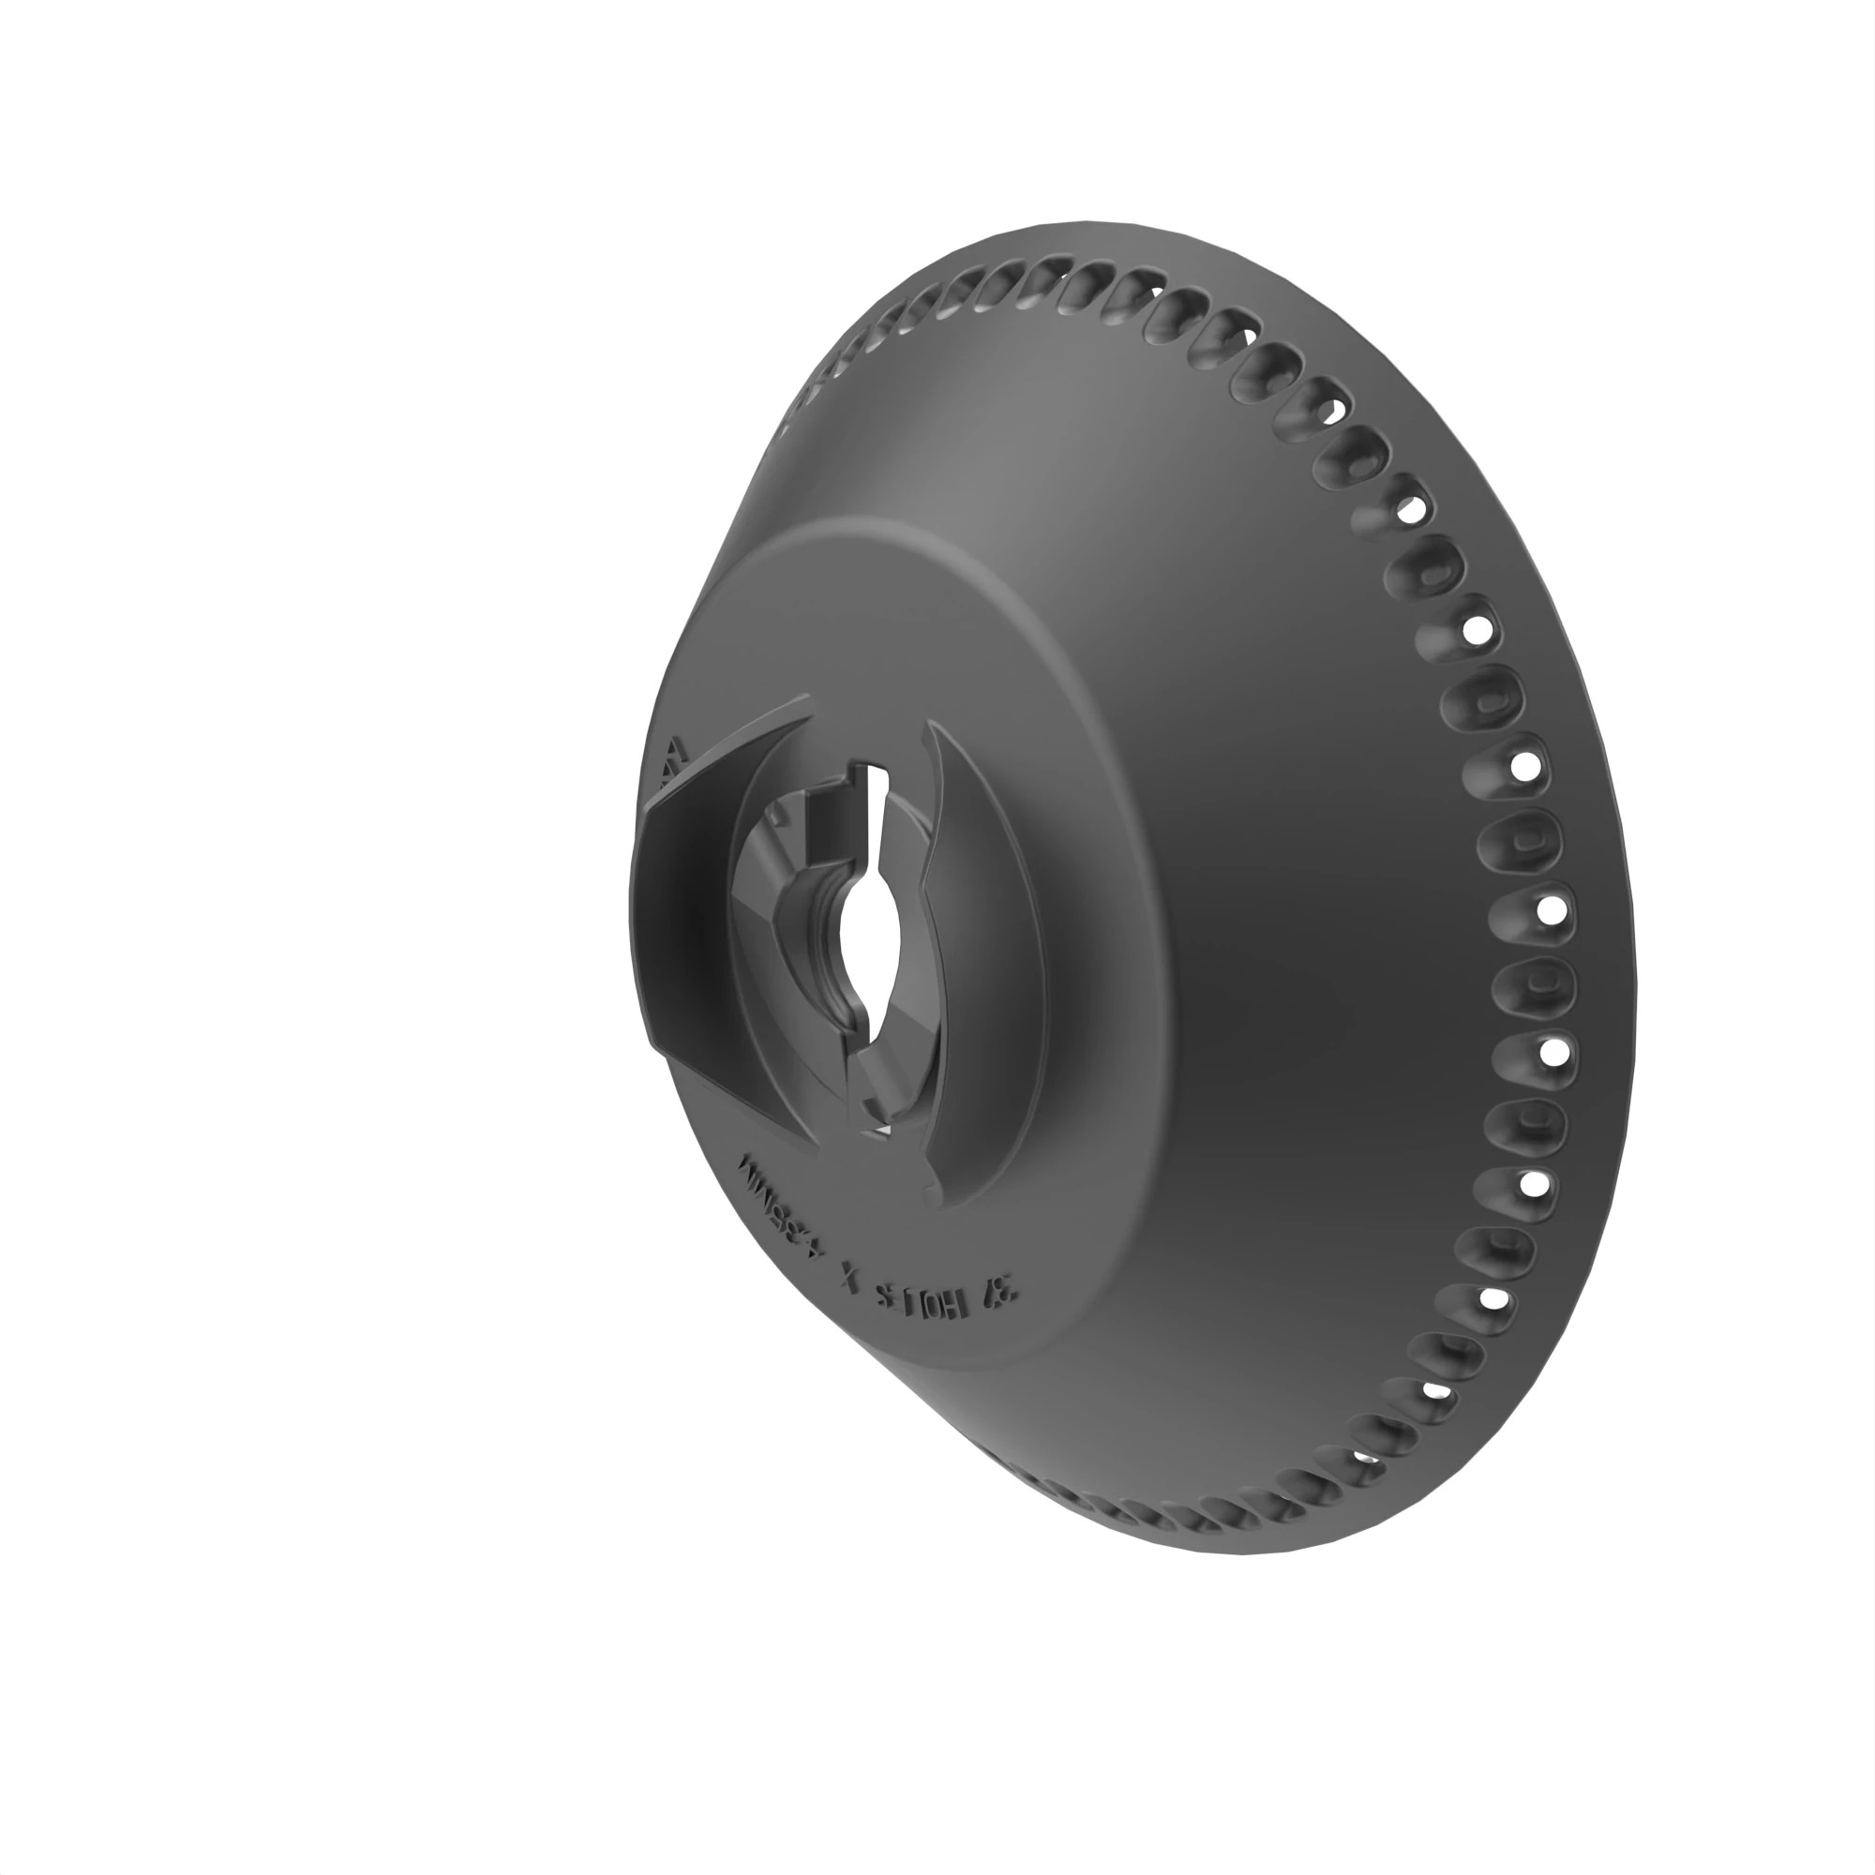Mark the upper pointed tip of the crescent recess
[930, 723]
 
